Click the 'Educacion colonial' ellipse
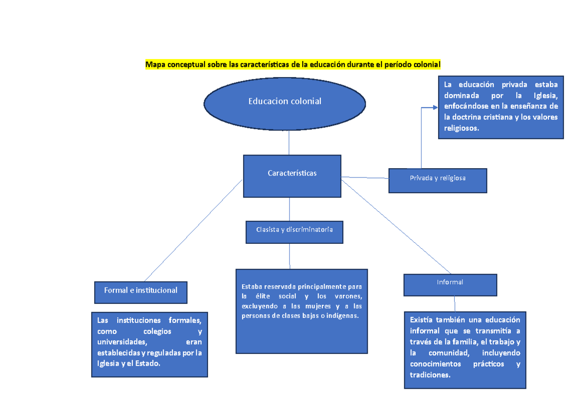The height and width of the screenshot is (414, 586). point(285,101)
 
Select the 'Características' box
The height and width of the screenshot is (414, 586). point(292,176)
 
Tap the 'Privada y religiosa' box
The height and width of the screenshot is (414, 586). point(438,180)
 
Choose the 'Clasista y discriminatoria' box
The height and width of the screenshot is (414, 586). point(294,232)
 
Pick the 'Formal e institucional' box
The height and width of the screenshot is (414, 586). point(141,292)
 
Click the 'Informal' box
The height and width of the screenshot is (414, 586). point(450,284)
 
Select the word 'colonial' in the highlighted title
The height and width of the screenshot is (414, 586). point(427,64)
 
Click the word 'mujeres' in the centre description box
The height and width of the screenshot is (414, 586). point(318,306)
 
